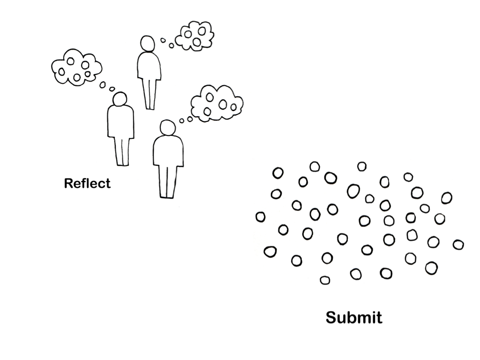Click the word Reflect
pyautogui.click(x=87, y=183)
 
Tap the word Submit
pyautogui.click(x=354, y=317)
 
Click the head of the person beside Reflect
pyautogui.click(x=120, y=99)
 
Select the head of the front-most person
pyautogui.click(x=167, y=127)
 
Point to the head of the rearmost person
pyautogui.click(x=148, y=44)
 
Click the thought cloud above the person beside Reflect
pyautogui.click(x=76, y=67)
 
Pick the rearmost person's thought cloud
pyautogui.click(x=194, y=36)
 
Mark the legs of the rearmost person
pyautogui.click(x=150, y=94)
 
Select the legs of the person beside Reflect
pyautogui.click(x=122, y=151)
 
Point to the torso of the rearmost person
pyautogui.click(x=149, y=66)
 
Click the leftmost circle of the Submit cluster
pyautogui.click(x=260, y=217)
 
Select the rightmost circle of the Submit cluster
pyautogui.click(x=458, y=245)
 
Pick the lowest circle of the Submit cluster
pyautogui.click(x=324, y=280)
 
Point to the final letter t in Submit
pyautogui.click(x=379, y=318)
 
